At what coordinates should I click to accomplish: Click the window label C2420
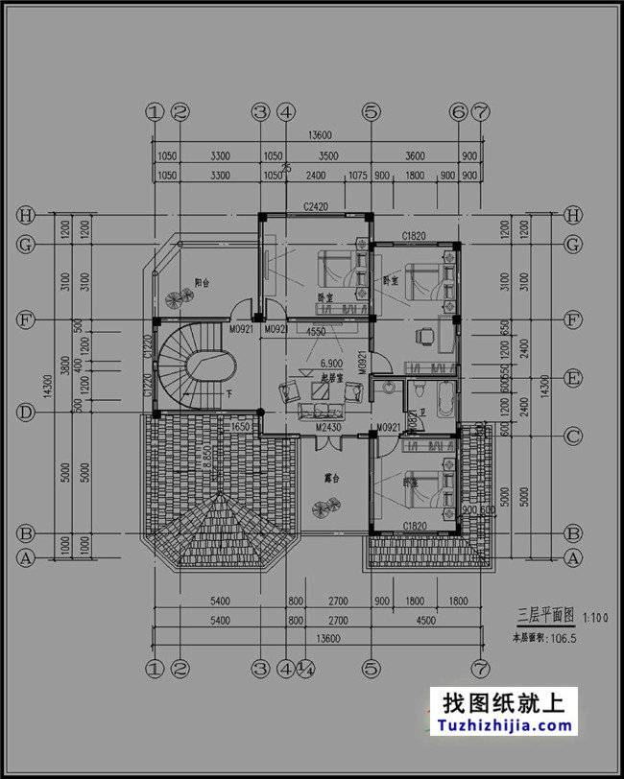pos(317,206)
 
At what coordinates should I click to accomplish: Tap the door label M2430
pos(329,426)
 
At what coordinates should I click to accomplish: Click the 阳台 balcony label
pos(202,283)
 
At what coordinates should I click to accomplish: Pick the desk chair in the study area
pos(423,337)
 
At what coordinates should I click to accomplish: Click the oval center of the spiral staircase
pos(205,365)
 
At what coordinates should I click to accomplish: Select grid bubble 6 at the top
pos(458,112)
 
